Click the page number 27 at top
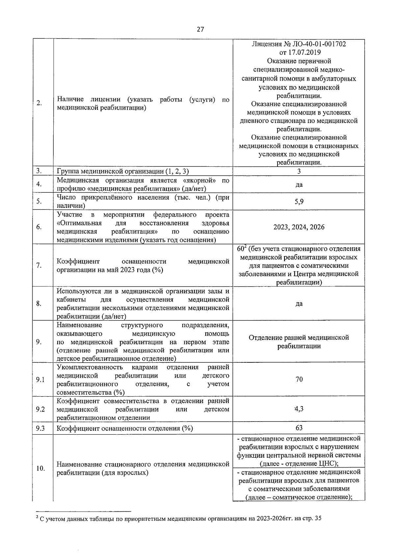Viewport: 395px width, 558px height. [x=200, y=30]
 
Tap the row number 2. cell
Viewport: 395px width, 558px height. [x=39, y=103]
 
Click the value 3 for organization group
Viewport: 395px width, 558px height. [x=299, y=171]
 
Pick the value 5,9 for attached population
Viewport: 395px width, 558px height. [x=299, y=202]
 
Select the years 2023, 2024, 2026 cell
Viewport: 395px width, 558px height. [x=299, y=227]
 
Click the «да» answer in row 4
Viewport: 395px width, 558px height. [x=299, y=184]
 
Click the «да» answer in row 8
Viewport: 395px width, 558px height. [x=299, y=303]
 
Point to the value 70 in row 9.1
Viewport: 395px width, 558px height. [x=299, y=379]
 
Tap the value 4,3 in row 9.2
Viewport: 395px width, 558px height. [x=299, y=409]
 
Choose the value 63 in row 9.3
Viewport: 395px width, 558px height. [x=299, y=427]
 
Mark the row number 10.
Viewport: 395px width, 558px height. [x=40, y=469]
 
